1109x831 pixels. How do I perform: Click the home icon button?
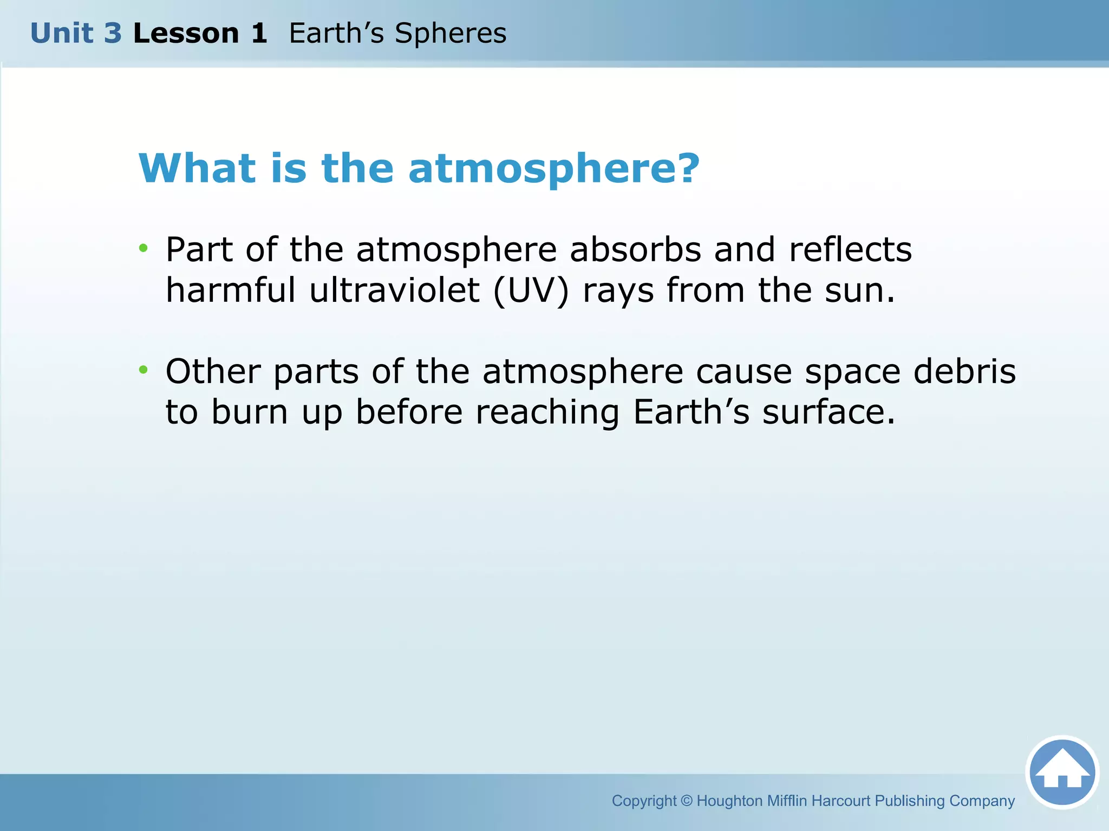[x=1062, y=772]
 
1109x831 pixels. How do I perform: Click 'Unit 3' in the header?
[x=76, y=34]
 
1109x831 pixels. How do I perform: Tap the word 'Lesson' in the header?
[x=186, y=34]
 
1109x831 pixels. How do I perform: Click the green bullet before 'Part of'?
[x=143, y=248]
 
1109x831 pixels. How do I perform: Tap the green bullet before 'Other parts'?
[x=143, y=370]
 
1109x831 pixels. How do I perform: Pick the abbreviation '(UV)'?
[x=531, y=291]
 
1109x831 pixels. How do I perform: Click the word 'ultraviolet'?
[x=394, y=290]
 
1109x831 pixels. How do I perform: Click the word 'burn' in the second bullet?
[x=250, y=412]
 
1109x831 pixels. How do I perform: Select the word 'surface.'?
[x=829, y=412]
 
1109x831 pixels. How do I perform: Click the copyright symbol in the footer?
[x=686, y=801]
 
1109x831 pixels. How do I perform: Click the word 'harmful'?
[x=231, y=290]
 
